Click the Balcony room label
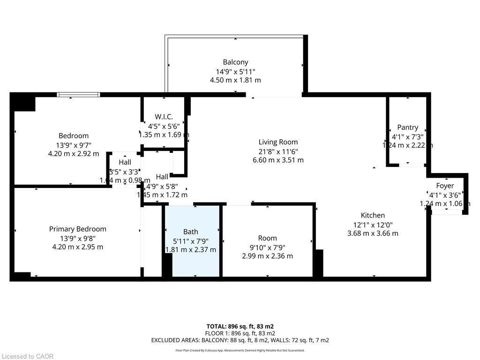coord(235,62)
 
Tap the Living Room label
coord(278,142)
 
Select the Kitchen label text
coord(373,215)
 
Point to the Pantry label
coord(407,127)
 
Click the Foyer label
coord(444,186)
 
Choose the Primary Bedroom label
coord(77,229)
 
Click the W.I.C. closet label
coord(164,117)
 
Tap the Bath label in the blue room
coord(190,232)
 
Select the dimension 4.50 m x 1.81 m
coord(235,80)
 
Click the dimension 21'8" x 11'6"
coord(278,151)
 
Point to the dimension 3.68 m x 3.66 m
coord(373,233)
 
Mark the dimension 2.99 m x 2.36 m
coord(267,256)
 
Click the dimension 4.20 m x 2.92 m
coord(74,153)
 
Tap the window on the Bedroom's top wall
coord(78,95)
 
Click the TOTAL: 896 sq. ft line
coord(240,326)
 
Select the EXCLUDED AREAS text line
coord(240,340)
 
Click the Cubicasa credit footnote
coord(240,350)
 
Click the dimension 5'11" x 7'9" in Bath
coord(190,240)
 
